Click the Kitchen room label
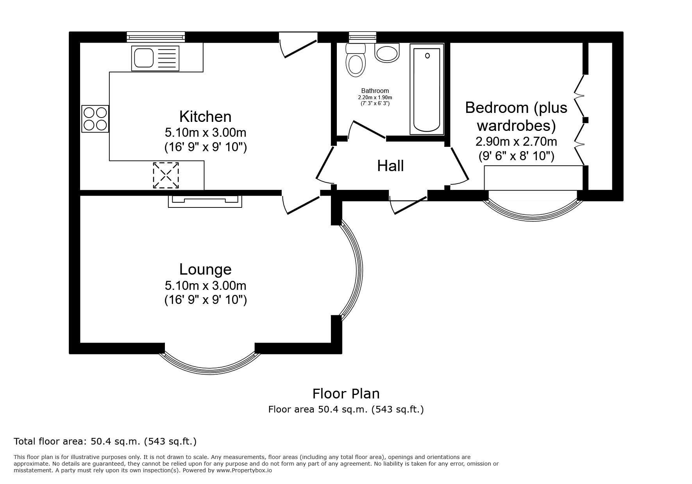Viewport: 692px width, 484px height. (205, 117)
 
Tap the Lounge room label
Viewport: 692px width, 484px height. (205, 270)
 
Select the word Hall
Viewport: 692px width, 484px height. (390, 166)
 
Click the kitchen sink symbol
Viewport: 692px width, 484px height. (156, 59)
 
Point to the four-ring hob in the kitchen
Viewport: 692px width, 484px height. (95, 119)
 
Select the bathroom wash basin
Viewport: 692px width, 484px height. (387, 53)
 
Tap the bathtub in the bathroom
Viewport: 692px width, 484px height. (427, 89)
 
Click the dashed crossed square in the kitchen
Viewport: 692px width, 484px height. (166, 175)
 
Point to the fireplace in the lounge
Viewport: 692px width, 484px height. (205, 201)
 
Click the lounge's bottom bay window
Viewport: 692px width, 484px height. (209, 361)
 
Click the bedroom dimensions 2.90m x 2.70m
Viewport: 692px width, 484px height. (516, 141)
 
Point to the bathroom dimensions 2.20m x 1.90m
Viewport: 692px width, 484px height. (375, 97)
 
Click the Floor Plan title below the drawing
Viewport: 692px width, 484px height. (346, 393)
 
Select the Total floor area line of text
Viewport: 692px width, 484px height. (105, 442)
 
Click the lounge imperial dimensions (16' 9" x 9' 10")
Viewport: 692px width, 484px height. (205, 300)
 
